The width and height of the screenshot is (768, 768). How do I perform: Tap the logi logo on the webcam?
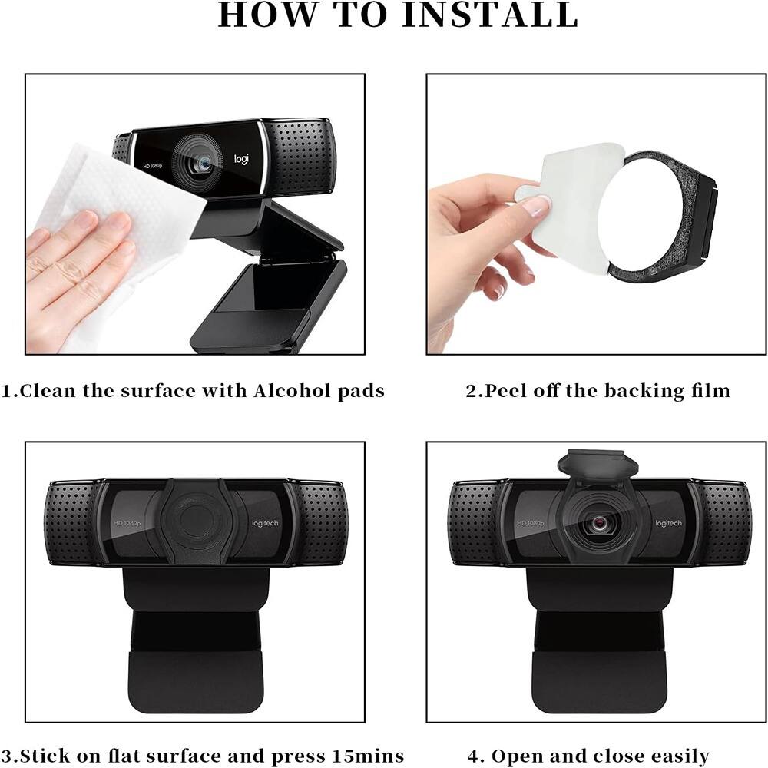coord(242,159)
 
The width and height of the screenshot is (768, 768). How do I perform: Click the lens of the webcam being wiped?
coord(198,162)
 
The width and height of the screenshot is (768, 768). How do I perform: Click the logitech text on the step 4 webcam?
coord(668,523)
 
